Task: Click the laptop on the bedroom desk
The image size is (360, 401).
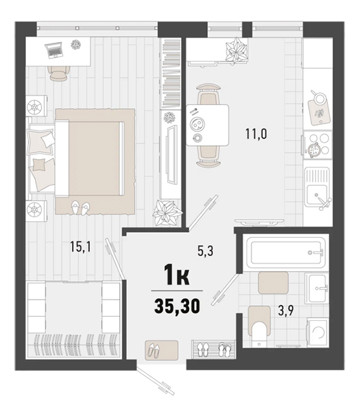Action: [54, 50]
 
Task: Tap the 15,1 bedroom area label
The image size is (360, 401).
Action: [80, 247]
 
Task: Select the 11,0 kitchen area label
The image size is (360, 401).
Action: [256, 134]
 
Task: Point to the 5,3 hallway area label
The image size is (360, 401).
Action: [205, 251]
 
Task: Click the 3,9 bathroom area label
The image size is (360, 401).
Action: [286, 310]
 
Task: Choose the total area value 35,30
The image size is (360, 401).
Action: [177, 306]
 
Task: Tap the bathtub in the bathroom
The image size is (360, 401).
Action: [286, 253]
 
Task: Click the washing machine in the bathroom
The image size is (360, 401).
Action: [318, 332]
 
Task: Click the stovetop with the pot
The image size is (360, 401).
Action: [317, 145]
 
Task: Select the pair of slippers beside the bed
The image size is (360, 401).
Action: [80, 207]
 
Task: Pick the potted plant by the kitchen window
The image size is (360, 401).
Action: [236, 50]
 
